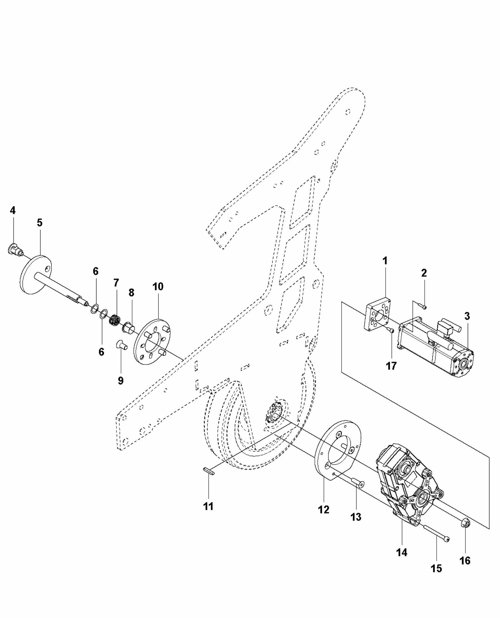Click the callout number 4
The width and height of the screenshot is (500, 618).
point(12,211)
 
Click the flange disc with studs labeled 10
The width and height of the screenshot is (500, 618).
point(152,342)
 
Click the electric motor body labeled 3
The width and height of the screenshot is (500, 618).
point(435,347)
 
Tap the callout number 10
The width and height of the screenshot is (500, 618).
point(158,286)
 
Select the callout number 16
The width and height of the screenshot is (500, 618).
point(465,561)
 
